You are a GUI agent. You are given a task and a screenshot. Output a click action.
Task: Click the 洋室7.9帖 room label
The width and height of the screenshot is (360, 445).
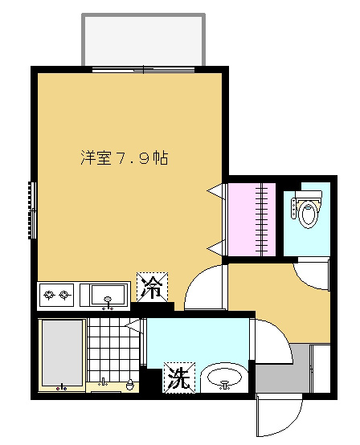point(125,157)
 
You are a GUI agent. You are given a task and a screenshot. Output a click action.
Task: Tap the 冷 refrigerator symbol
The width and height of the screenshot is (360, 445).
point(152,288)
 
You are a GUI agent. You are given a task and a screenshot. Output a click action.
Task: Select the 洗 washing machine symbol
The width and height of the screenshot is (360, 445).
point(179,378)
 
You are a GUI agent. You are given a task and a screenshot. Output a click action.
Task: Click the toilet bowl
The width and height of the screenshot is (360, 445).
point(308,210)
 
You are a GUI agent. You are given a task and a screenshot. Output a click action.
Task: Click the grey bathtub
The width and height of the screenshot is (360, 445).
point(62,355)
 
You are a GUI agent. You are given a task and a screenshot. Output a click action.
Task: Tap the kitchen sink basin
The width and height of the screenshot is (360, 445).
point(108,296)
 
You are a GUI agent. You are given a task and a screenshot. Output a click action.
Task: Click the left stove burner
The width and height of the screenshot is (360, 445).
point(49,295)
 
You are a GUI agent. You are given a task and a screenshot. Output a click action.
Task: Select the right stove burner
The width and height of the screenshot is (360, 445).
point(64,295)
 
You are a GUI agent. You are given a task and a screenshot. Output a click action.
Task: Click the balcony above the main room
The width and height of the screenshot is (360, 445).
point(143,39)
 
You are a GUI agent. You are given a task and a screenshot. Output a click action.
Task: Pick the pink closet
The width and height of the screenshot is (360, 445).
point(252,219)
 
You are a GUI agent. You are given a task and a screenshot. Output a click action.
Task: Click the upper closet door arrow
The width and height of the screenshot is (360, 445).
point(215,190)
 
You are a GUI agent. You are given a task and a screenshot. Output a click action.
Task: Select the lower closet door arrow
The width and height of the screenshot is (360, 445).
point(215,247)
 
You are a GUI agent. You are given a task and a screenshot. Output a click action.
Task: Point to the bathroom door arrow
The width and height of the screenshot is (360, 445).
point(133,325)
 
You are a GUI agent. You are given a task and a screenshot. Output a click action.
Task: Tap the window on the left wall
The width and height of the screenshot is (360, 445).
point(33,210)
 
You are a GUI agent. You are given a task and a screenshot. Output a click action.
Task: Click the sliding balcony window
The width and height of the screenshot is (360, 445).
point(143,69)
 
